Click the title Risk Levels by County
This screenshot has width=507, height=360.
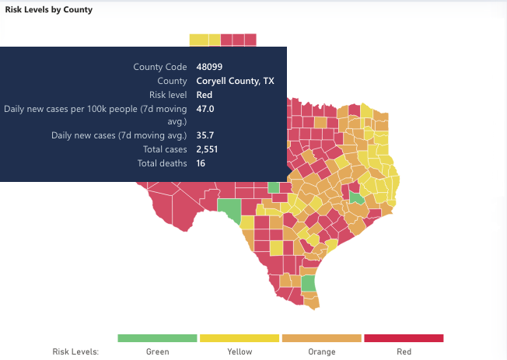pyautogui.click(x=49, y=9)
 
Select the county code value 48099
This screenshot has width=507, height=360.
pyautogui.click(x=209, y=67)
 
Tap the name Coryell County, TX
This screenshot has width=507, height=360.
pyautogui.click(x=235, y=81)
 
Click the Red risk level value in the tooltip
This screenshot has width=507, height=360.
pyautogui.click(x=205, y=95)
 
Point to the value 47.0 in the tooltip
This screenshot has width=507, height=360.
pyautogui.click(x=205, y=109)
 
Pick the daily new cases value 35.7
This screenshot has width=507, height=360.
pyautogui.click(x=205, y=135)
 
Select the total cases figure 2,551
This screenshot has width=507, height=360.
pyautogui.click(x=207, y=149)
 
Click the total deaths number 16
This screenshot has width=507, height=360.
pyautogui.click(x=201, y=163)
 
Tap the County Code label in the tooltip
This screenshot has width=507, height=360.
pyautogui.click(x=160, y=67)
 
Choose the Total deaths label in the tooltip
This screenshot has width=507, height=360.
pyautogui.click(x=162, y=163)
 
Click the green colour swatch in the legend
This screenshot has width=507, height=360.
pyautogui.click(x=157, y=338)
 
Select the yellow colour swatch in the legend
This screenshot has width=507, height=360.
pyautogui.click(x=240, y=338)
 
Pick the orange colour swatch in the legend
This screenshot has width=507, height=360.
pyautogui.click(x=322, y=338)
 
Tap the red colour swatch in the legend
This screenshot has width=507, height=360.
pyautogui.click(x=404, y=338)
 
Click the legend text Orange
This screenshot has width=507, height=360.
pyautogui.click(x=322, y=351)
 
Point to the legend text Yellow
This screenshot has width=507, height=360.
pyautogui.click(x=240, y=351)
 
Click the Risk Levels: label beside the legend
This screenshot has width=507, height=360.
pyautogui.click(x=75, y=351)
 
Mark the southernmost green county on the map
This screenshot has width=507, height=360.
pyautogui.click(x=308, y=283)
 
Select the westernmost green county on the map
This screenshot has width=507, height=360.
pyautogui.click(x=230, y=209)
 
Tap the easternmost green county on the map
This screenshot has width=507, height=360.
pyautogui.click(x=356, y=198)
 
